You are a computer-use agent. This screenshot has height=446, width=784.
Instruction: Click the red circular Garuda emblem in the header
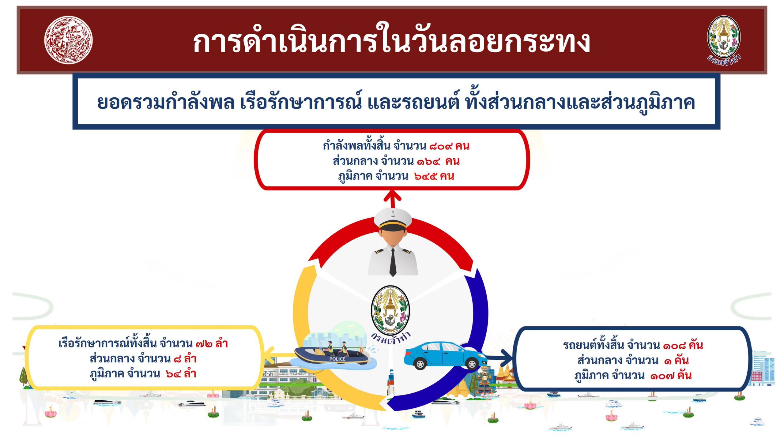[x=68, y=40]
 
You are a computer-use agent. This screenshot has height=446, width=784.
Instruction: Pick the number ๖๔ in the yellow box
[x=173, y=374]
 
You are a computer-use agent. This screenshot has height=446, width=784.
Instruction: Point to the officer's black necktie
[x=393, y=262]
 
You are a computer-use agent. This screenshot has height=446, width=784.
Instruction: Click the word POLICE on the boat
[x=337, y=359]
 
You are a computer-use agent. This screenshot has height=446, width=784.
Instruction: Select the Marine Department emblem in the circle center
[x=390, y=313]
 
